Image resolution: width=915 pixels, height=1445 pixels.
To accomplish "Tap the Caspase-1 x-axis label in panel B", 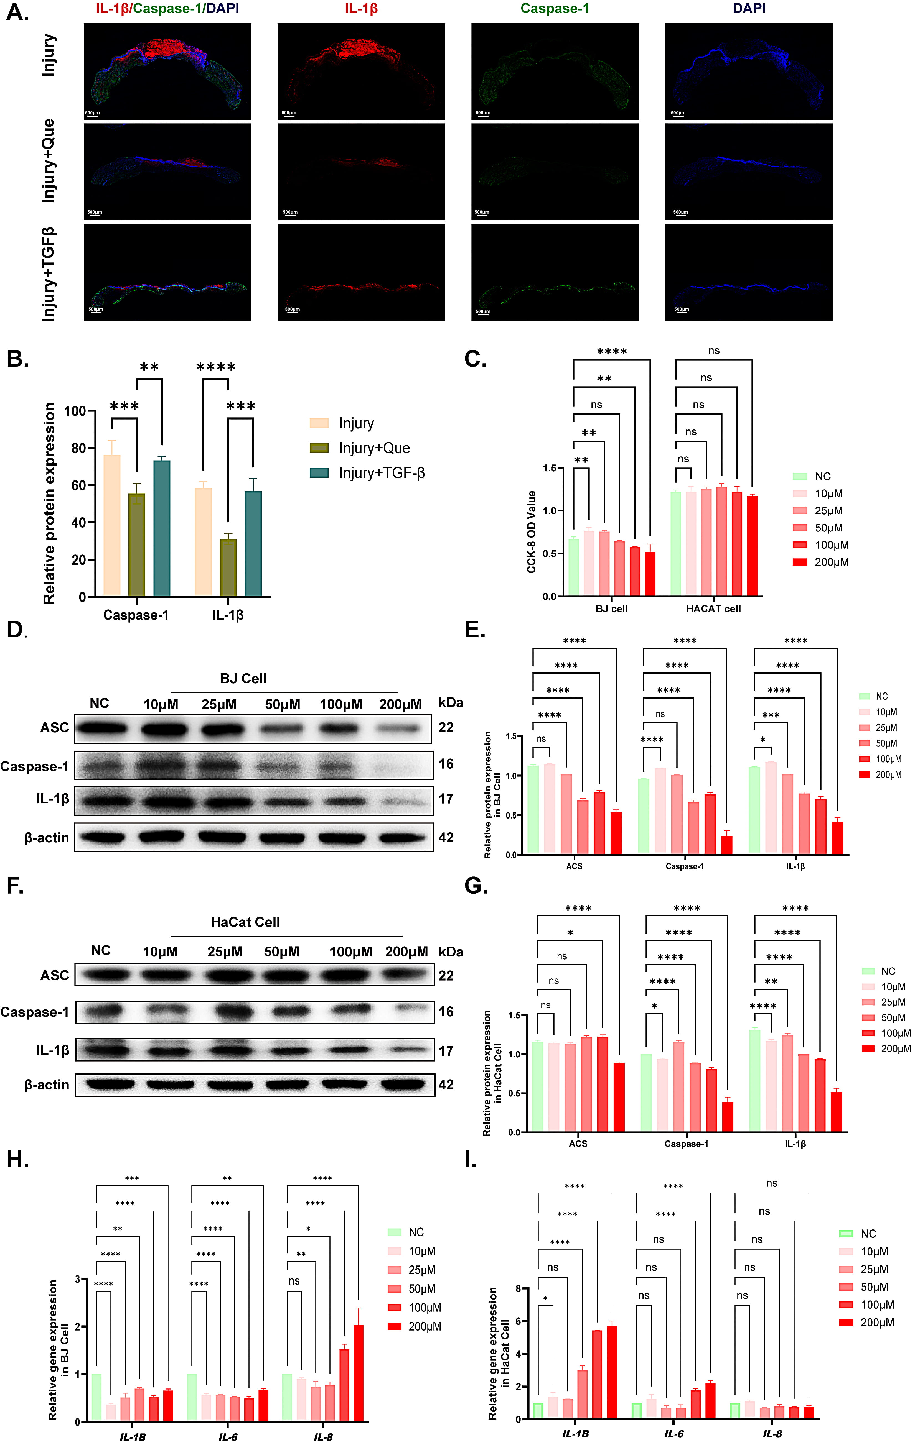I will click(x=136, y=615).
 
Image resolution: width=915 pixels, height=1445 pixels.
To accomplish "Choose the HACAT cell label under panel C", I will click(x=713, y=608).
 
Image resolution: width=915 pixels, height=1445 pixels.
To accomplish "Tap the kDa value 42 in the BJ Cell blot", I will click(x=446, y=838).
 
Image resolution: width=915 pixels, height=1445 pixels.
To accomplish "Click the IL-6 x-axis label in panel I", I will click(x=674, y=1434).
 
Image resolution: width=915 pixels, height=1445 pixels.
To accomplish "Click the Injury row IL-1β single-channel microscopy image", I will click(x=361, y=72).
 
